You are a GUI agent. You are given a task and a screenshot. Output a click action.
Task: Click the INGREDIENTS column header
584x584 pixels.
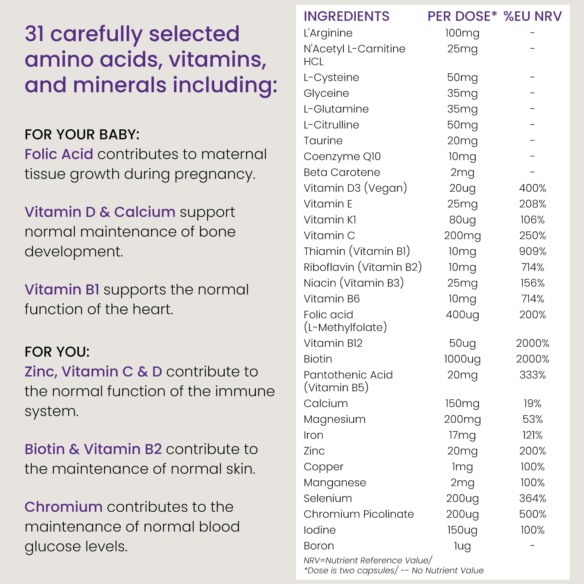[x=346, y=16]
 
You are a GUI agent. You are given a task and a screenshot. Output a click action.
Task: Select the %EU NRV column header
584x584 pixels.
[x=533, y=16]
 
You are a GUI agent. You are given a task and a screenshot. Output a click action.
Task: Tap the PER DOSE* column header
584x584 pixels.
[x=462, y=16]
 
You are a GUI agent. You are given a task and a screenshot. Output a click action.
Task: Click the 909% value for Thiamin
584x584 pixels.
[x=533, y=251]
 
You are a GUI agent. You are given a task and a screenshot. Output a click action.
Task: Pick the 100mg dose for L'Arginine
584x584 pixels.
[x=462, y=33]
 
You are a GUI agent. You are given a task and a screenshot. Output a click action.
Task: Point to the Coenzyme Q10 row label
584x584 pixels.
[x=342, y=157]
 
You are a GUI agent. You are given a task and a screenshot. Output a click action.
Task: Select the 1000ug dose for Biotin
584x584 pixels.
[x=462, y=359]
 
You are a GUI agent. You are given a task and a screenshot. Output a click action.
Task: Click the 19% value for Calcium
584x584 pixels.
[x=532, y=403]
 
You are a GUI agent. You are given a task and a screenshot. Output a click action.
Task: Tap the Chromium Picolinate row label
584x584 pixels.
[x=359, y=514]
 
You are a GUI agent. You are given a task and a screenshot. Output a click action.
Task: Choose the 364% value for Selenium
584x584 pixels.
[x=533, y=498]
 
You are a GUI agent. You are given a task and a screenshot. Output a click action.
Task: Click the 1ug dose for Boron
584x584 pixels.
[x=462, y=546]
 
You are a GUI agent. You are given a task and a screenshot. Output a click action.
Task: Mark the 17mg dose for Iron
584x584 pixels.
[x=462, y=435]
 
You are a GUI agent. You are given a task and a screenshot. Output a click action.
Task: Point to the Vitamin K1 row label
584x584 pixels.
[x=330, y=220]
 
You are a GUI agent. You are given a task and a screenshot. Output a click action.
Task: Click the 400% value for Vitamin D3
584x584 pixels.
[x=533, y=188]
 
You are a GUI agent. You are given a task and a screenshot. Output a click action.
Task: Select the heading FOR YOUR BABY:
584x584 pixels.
[x=82, y=135]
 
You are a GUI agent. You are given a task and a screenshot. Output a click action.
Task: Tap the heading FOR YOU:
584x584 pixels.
[x=57, y=352]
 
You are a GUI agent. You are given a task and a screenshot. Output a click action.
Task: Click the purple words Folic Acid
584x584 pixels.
[x=59, y=154]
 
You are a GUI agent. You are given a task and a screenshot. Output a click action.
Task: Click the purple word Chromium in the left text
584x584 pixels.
[x=64, y=507]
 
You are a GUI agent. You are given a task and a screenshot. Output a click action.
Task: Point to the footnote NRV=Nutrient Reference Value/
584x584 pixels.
[x=368, y=560]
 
